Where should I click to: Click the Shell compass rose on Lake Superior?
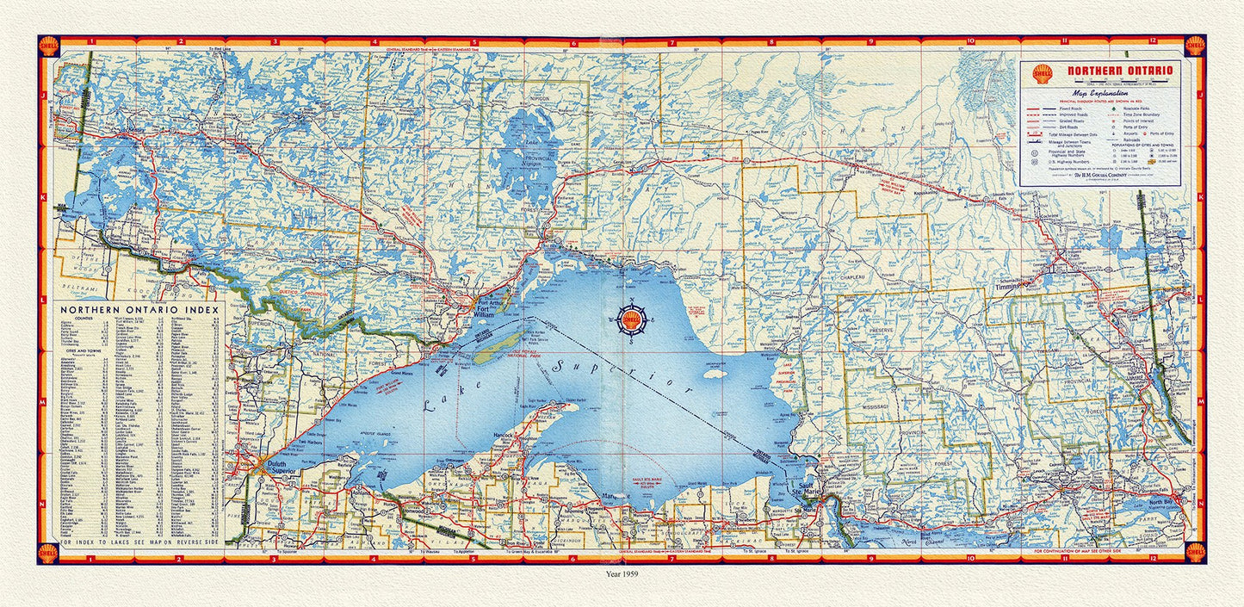(x=633, y=322)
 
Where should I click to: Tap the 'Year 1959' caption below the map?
(x=622, y=572)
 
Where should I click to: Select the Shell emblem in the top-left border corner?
(x=49, y=45)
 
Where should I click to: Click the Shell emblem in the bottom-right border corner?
(x=1195, y=552)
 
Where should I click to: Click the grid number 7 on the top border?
(x=672, y=40)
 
